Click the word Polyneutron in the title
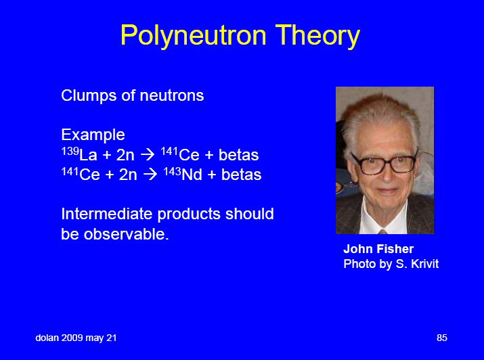[193, 36]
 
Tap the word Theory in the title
[317, 36]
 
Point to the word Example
[93, 135]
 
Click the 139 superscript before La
[70, 151]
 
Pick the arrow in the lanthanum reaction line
[148, 154]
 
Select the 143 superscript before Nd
[172, 171]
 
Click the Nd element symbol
[192, 175]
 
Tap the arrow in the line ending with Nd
[150, 175]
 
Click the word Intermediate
[107, 214]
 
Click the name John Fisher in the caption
[378, 249]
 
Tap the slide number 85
[442, 338]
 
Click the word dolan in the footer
[47, 338]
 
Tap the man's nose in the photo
[387, 175]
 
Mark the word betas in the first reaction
[238, 155]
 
